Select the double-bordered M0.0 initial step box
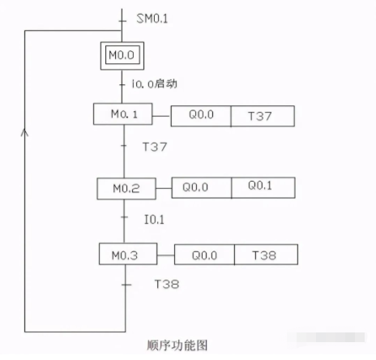(x=122, y=55)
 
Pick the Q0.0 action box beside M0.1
(x=200, y=117)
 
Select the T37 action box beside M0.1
(x=262, y=117)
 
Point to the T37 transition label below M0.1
(x=155, y=148)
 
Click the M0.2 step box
(x=126, y=188)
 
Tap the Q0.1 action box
(x=263, y=187)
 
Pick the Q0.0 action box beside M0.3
(x=204, y=256)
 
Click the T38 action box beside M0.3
(x=265, y=256)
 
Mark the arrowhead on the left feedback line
(x=26, y=132)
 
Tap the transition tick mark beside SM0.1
(x=122, y=16)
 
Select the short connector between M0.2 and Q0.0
(x=164, y=188)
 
